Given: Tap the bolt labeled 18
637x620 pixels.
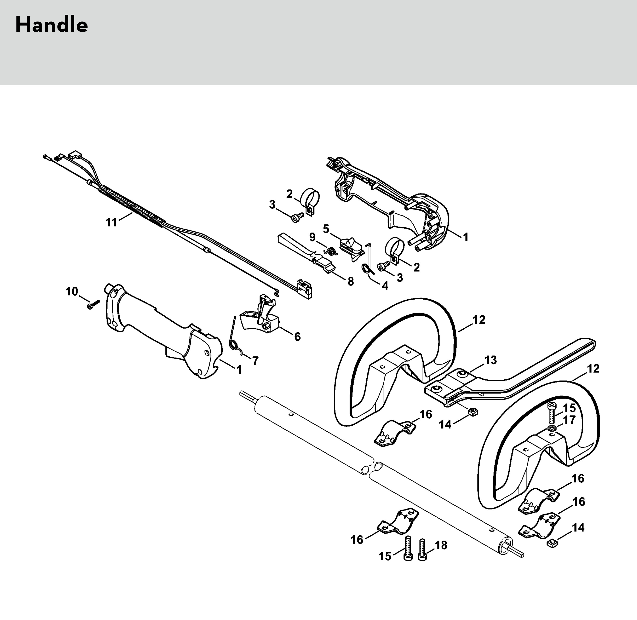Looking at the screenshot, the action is pos(422,550).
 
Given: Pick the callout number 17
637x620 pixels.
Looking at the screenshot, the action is pos(569,420).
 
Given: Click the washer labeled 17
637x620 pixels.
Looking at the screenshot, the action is pos(552,427).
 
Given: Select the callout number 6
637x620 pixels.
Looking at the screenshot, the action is pos(297,337).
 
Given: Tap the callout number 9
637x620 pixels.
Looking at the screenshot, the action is pos(312,237).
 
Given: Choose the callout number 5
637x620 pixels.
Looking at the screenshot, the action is pos(326,229).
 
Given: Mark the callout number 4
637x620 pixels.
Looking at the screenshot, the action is pos(385,286).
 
